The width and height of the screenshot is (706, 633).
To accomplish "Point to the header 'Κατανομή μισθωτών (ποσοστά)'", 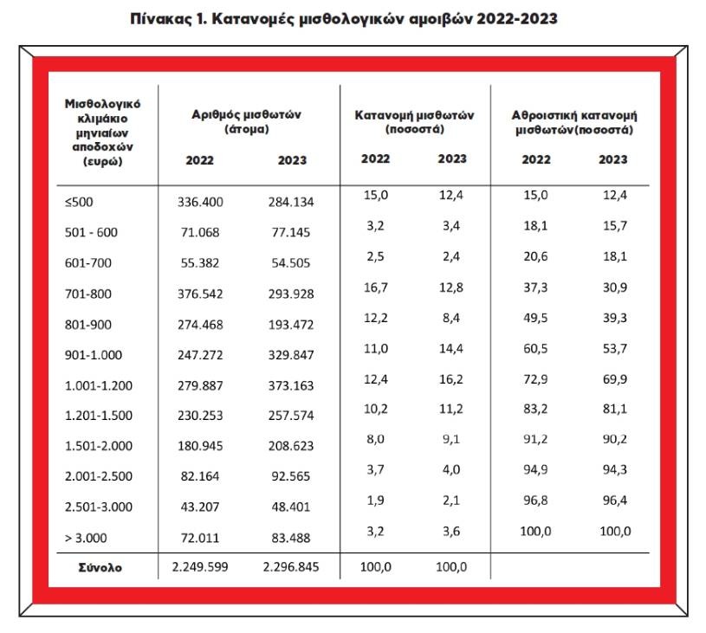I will (415, 122).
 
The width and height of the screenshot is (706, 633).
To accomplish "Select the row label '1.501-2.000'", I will (99, 446).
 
